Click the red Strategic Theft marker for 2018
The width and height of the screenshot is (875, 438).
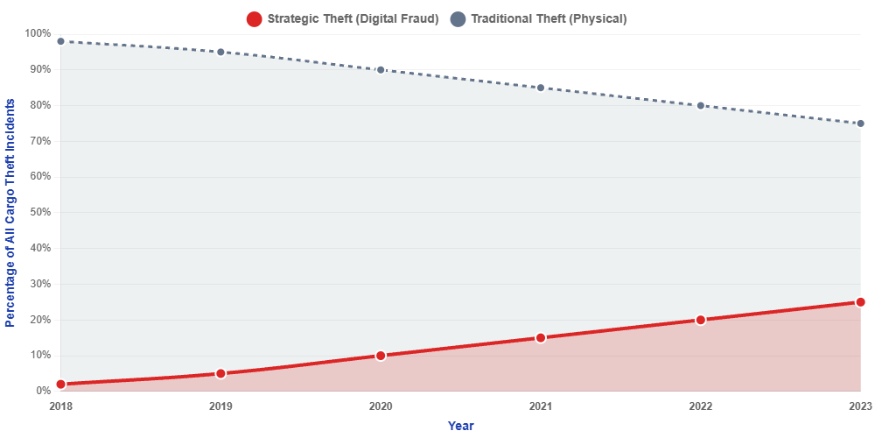click(x=60, y=384)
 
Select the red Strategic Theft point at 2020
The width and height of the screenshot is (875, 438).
click(x=381, y=356)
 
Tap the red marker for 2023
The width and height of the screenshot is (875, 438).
click(x=860, y=302)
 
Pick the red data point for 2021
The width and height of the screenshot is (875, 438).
click(x=541, y=337)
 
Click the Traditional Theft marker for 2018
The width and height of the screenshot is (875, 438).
click(x=60, y=41)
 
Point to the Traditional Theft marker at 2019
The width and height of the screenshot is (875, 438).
click(x=220, y=52)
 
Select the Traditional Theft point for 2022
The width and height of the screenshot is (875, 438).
click(x=700, y=105)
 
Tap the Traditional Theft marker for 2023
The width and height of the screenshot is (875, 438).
click(x=860, y=124)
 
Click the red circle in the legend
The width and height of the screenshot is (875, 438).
click(x=254, y=18)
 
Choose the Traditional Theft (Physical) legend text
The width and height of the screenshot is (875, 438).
click(x=549, y=18)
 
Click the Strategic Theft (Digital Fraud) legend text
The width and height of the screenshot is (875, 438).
click(x=353, y=18)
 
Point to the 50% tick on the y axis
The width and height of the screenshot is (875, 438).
click(x=40, y=212)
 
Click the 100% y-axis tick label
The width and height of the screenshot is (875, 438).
click(x=38, y=33)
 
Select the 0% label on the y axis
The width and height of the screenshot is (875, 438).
click(x=43, y=392)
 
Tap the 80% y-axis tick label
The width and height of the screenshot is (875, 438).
click(x=40, y=105)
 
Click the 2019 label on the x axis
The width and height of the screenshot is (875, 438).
click(x=220, y=406)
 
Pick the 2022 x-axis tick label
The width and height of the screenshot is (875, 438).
click(x=700, y=406)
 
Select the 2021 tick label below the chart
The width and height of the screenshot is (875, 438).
click(x=541, y=406)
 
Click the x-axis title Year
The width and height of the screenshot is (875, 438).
click(x=460, y=426)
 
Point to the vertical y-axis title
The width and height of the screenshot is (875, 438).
click(x=10, y=212)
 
